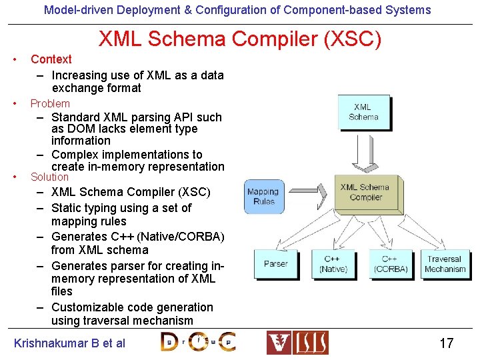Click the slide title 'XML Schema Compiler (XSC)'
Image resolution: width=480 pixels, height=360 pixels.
tap(240, 39)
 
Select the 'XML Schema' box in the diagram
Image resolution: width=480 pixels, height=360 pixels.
tap(363, 112)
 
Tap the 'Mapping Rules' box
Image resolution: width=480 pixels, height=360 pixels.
tap(264, 196)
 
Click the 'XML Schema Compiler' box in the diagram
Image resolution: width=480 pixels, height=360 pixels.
tap(365, 192)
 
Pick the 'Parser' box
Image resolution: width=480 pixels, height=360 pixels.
tap(275, 264)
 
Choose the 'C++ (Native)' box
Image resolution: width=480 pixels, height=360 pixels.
tap(333, 264)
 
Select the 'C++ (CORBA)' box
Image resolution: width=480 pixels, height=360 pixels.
tap(390, 264)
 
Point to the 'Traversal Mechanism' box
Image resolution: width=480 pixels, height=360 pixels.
tap(445, 264)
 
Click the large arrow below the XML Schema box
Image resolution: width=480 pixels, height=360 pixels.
tap(364, 157)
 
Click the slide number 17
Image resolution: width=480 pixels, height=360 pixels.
tap(446, 343)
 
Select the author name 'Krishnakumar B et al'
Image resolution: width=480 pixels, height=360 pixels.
tap(69, 343)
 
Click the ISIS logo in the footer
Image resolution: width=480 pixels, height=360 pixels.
tap(297, 343)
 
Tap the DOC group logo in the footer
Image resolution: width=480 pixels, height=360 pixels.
tap(198, 342)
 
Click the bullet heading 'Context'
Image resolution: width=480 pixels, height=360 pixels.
tap(51, 59)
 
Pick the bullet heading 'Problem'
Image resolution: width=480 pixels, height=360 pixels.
tap(50, 103)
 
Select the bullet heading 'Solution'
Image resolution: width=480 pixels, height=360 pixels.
tap(49, 177)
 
